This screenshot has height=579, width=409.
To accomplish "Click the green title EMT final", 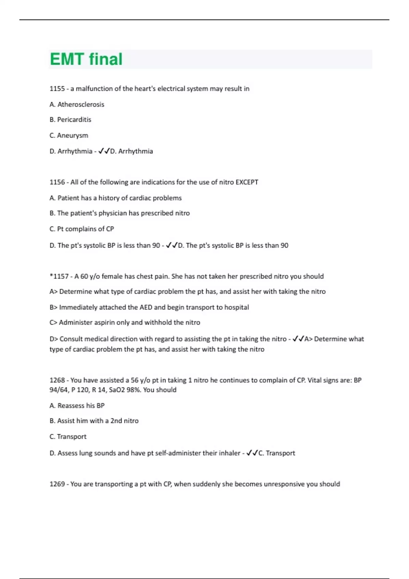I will click(86, 59).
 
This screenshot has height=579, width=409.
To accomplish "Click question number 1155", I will click(57, 89).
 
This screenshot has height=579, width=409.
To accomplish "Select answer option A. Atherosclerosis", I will click(77, 105).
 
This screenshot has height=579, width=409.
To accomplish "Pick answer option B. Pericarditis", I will click(70, 120).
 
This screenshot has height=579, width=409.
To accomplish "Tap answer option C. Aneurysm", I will click(69, 135).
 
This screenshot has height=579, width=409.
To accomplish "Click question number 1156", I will click(57, 182).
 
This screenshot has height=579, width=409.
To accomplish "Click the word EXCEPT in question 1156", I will click(247, 182).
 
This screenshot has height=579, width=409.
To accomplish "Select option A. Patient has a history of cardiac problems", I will click(115, 198).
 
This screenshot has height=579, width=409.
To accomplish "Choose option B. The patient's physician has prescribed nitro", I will click(119, 213).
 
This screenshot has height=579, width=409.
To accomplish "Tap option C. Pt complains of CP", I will click(81, 229).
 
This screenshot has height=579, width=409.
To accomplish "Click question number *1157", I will click(59, 276).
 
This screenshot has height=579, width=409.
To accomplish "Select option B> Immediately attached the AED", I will click(149, 307).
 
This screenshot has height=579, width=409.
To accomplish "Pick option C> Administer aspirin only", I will click(125, 322).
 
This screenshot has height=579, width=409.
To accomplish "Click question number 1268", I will click(57, 380).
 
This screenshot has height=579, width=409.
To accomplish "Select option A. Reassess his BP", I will click(77, 406).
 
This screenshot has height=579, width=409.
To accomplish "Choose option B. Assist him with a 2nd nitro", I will click(94, 421).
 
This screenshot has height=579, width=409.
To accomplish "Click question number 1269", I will click(57, 484).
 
